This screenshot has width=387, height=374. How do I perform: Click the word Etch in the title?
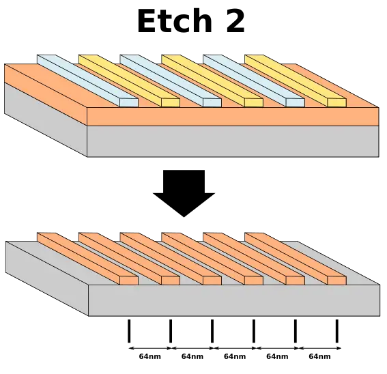pyautogui.click(x=175, y=20)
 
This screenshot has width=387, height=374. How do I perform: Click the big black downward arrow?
pyautogui.click(x=184, y=193)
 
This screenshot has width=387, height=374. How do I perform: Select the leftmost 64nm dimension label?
pyautogui.click(x=149, y=356)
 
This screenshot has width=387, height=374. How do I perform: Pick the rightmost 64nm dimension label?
pyautogui.click(x=319, y=356)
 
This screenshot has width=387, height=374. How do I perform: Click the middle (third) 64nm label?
pyautogui.click(x=235, y=356)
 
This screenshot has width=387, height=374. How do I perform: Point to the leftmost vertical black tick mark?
pyautogui.click(x=129, y=331)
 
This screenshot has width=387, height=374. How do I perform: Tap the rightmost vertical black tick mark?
pyautogui.click(x=337, y=331)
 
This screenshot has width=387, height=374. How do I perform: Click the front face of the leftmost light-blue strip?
pyautogui.click(x=129, y=103)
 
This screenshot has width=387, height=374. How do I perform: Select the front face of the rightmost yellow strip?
pyautogui.click(x=337, y=103)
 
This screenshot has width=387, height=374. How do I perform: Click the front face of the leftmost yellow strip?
pyautogui.click(x=171, y=103)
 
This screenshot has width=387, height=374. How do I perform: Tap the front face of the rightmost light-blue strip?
pyautogui.click(x=295, y=103)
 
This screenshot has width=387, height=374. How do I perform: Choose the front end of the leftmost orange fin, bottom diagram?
pyautogui.click(x=129, y=280)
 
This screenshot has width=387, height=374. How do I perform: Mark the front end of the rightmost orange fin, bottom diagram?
pyautogui.click(x=337, y=280)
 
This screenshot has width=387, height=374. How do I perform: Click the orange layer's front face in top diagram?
pyautogui.click(x=233, y=117)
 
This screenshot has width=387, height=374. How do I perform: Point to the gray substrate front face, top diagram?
pyautogui.click(x=233, y=141)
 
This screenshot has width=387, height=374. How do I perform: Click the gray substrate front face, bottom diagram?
pyautogui.click(x=234, y=300)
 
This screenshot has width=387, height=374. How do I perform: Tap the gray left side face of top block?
pyautogui.click(x=46, y=119)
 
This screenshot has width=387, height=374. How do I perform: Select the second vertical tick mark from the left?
pyautogui.click(x=171, y=331)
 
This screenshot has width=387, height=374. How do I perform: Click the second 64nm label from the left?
pyautogui.click(x=192, y=356)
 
